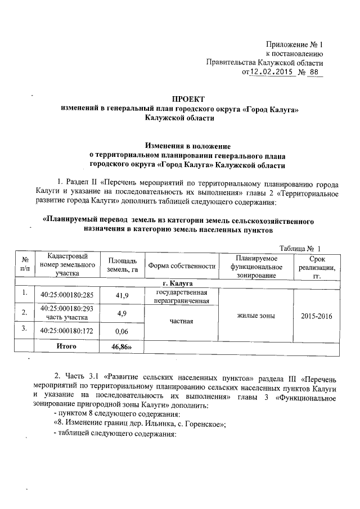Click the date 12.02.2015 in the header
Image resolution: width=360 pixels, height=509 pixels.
click(272, 73)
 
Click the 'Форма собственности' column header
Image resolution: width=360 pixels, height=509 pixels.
click(182, 265)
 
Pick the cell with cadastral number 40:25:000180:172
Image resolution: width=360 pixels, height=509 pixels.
click(67, 331)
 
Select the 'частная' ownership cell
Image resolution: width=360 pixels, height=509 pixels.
click(182, 322)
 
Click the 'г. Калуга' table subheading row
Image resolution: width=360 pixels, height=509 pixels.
click(178, 283)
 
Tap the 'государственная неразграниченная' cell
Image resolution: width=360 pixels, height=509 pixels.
click(182, 296)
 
